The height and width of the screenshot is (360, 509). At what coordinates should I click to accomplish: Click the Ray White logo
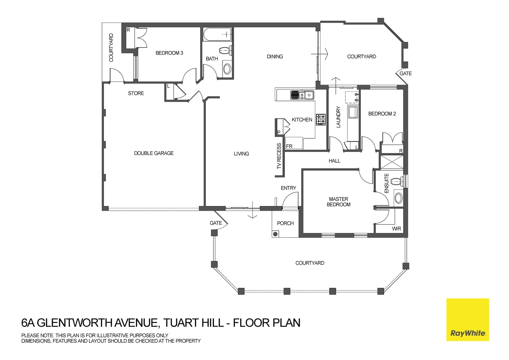[467, 320]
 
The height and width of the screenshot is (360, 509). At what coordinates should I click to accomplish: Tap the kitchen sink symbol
[302, 95]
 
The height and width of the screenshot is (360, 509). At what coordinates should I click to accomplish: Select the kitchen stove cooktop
[321, 119]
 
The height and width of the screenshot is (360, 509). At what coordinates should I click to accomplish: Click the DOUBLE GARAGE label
[154, 153]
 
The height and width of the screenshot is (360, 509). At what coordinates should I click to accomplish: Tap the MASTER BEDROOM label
[338, 202]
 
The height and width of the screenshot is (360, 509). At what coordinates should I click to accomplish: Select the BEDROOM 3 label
[169, 53]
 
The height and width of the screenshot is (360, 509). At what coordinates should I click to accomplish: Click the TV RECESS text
[279, 156]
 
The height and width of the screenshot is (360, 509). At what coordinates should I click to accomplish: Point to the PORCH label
[285, 223]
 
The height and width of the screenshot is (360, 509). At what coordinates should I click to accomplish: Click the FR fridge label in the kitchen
[289, 146]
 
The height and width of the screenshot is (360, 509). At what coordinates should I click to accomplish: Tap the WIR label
[396, 229]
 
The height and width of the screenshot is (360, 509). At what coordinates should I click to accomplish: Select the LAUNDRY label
[338, 117]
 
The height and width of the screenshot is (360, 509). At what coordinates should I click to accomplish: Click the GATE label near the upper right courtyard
[405, 74]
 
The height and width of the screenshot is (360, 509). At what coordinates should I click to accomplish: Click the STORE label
[136, 93]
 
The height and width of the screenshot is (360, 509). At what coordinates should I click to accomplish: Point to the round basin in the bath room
[227, 69]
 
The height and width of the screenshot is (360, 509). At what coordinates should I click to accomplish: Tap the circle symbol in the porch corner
[275, 234]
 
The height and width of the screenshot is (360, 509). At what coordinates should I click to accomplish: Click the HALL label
[334, 161]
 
